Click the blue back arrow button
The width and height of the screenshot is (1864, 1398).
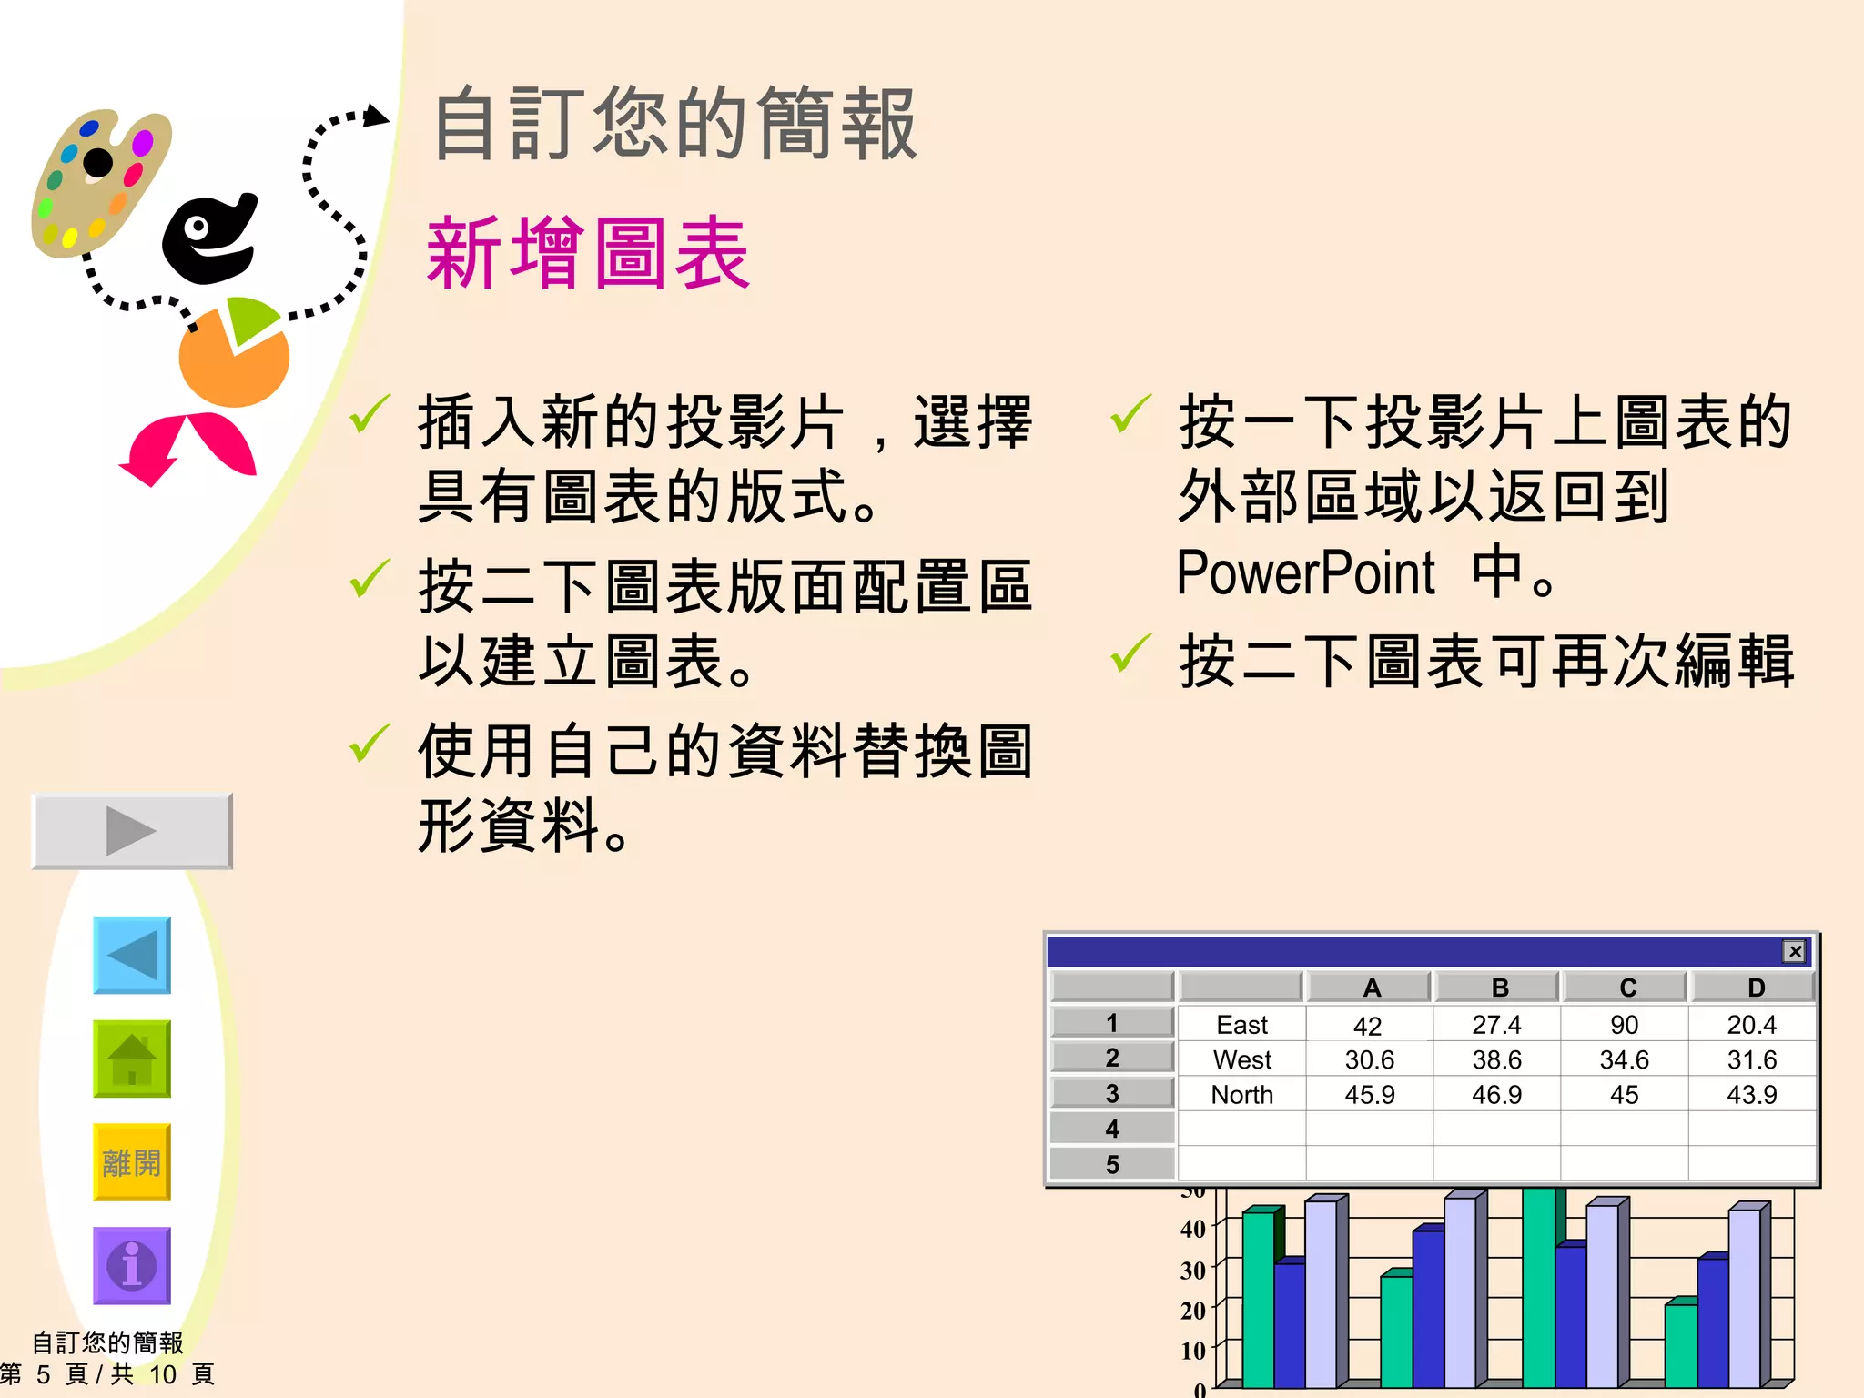(132, 955)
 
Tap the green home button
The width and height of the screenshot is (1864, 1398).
(132, 1059)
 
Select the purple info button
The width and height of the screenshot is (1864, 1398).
(132, 1265)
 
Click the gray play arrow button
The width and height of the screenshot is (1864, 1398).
(132, 830)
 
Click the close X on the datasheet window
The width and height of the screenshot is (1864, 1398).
(1794, 951)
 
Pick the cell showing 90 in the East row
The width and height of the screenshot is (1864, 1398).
(1624, 1025)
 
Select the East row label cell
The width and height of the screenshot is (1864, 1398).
(1241, 1025)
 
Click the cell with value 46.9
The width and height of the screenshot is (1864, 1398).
(1496, 1095)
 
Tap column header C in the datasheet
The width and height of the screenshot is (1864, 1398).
(1627, 988)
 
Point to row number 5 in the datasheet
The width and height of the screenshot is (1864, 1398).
(1111, 1164)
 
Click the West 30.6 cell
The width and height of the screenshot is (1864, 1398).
(1369, 1059)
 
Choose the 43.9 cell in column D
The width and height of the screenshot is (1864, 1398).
(1751, 1095)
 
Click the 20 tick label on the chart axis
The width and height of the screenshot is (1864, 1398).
(1192, 1311)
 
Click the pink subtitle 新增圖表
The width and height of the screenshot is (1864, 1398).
(588, 254)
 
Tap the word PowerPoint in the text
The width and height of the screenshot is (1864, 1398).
(1305, 573)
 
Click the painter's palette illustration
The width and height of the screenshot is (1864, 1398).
(100, 182)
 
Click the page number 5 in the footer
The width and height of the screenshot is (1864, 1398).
(43, 1374)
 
